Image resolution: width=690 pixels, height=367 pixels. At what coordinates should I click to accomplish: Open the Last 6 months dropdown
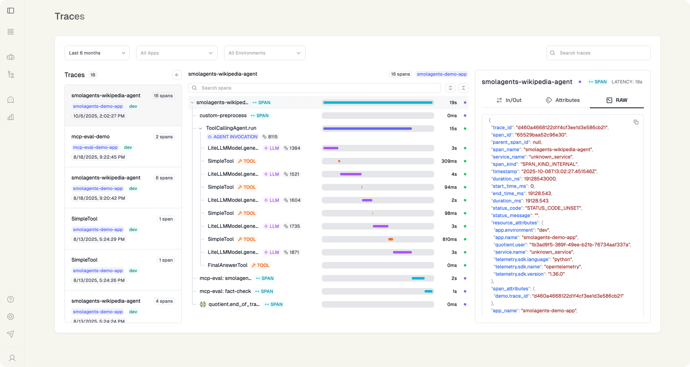[x=97, y=53]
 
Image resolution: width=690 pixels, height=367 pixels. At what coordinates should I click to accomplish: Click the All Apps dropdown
[x=177, y=53]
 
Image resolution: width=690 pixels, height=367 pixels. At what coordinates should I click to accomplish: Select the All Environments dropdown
[x=265, y=53]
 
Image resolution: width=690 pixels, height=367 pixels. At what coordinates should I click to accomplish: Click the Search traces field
[x=598, y=53]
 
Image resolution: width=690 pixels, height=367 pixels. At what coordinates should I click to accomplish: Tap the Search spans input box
[x=314, y=88]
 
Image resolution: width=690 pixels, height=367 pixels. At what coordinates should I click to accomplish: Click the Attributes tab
[x=563, y=100]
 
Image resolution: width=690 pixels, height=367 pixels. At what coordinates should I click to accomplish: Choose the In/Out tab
[x=509, y=100]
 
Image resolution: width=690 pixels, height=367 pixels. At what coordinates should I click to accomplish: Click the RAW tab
[x=617, y=100]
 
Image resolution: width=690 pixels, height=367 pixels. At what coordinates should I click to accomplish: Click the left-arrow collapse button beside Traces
[x=177, y=75]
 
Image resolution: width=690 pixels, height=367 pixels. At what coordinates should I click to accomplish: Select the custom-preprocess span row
[x=223, y=116]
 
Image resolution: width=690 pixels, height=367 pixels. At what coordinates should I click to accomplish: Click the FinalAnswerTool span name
[x=228, y=265]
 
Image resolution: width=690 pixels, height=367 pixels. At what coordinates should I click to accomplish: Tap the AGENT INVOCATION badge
[x=232, y=137]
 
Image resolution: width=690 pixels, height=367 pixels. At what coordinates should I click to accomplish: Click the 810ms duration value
[x=449, y=239]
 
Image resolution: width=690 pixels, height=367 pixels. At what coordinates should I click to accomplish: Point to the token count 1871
[x=294, y=252]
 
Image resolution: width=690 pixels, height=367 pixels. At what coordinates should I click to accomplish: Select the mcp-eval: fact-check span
[x=225, y=291]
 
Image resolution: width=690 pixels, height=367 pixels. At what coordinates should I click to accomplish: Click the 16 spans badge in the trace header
[x=400, y=74]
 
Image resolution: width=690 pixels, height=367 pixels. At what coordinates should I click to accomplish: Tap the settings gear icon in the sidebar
[x=11, y=317]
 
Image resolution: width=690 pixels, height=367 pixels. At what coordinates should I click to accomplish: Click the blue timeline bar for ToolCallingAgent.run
[x=367, y=129]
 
